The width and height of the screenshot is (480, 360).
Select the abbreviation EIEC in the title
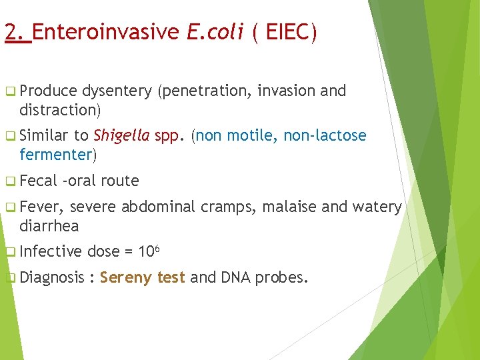291,32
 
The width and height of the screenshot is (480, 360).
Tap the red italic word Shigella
121,136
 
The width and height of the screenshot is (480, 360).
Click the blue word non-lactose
325,136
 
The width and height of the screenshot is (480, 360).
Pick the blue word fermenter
56,155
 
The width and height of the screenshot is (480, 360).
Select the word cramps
229,207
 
